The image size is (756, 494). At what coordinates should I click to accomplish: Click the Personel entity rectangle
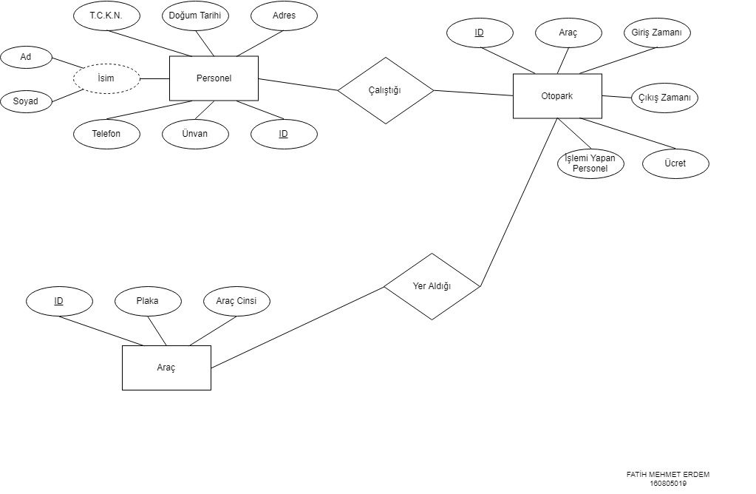(x=214, y=78)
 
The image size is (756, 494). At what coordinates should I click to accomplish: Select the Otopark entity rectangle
(x=557, y=96)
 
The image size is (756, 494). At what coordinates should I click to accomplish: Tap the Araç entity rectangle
(x=166, y=368)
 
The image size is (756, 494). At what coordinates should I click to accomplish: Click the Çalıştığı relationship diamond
(x=385, y=90)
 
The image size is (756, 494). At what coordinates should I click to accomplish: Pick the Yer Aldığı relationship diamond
(x=432, y=286)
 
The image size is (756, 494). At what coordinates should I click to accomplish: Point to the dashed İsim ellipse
(x=106, y=78)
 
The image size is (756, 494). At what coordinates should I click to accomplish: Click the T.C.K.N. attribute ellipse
(x=106, y=16)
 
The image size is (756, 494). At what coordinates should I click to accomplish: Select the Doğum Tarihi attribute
(x=195, y=16)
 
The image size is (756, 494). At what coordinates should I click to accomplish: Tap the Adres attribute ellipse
(x=284, y=16)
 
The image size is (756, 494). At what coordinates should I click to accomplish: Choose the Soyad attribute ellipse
(x=25, y=101)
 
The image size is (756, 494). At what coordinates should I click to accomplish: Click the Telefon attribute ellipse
(x=106, y=134)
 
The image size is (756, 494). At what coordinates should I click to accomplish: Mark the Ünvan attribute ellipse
(x=195, y=134)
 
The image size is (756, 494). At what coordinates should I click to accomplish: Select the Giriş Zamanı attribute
(x=657, y=33)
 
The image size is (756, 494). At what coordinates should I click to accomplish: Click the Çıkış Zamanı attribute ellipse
(x=664, y=98)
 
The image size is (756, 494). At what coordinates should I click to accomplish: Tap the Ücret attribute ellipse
(x=675, y=163)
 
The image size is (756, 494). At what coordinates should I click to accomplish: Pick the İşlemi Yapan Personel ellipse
(x=590, y=163)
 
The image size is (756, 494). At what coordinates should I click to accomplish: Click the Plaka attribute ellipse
(x=148, y=301)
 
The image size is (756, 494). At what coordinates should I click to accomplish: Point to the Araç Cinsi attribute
(x=236, y=301)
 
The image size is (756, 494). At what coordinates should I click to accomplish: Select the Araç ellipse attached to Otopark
(x=568, y=33)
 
